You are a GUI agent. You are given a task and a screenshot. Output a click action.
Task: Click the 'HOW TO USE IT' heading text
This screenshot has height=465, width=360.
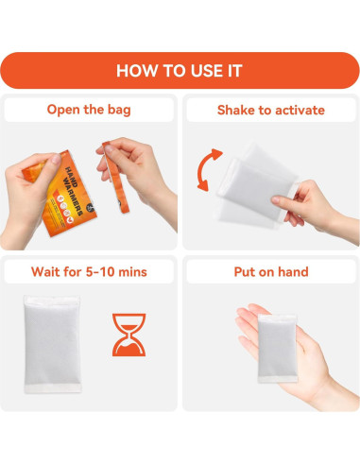(180, 71)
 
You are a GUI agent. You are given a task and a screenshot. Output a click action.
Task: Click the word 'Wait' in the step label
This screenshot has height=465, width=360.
(44, 272)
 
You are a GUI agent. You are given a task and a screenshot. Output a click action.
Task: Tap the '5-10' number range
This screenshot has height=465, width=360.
(100, 272)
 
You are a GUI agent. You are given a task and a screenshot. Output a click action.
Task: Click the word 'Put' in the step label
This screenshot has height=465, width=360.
(245, 272)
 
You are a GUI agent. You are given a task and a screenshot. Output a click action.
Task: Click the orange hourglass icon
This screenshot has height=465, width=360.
(129, 335)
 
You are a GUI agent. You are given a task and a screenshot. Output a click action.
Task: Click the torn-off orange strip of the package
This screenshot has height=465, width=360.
(116, 178)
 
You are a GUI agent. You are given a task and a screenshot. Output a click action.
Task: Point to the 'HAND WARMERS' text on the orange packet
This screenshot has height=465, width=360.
(74, 190)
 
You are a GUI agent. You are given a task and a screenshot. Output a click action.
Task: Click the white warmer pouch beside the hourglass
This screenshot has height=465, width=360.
(52, 344)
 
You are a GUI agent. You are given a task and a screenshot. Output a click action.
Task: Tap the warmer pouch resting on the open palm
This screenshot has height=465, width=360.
(278, 349)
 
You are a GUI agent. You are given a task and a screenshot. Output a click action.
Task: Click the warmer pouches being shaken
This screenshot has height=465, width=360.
(256, 186)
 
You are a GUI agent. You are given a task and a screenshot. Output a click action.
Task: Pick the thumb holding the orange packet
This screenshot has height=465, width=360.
(51, 164)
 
